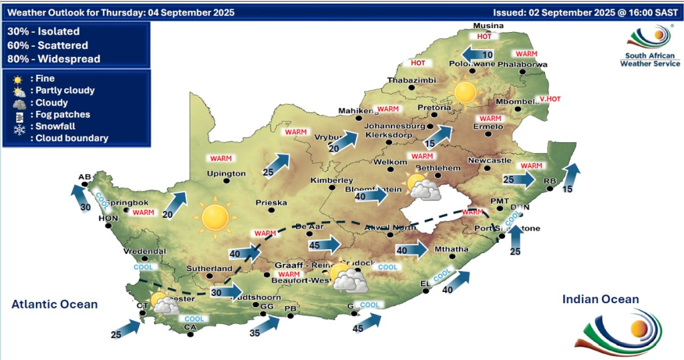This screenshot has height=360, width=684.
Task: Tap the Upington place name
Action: tap(226, 174)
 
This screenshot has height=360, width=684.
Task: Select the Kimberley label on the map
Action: tap(331, 180)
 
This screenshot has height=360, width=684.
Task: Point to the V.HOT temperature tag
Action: tap(550, 99)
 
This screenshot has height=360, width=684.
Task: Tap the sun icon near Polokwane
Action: tap(466, 92)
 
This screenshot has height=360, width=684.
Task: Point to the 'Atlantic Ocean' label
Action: tap(54, 305)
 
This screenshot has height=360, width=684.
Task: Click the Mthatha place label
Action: tap(452, 250)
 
